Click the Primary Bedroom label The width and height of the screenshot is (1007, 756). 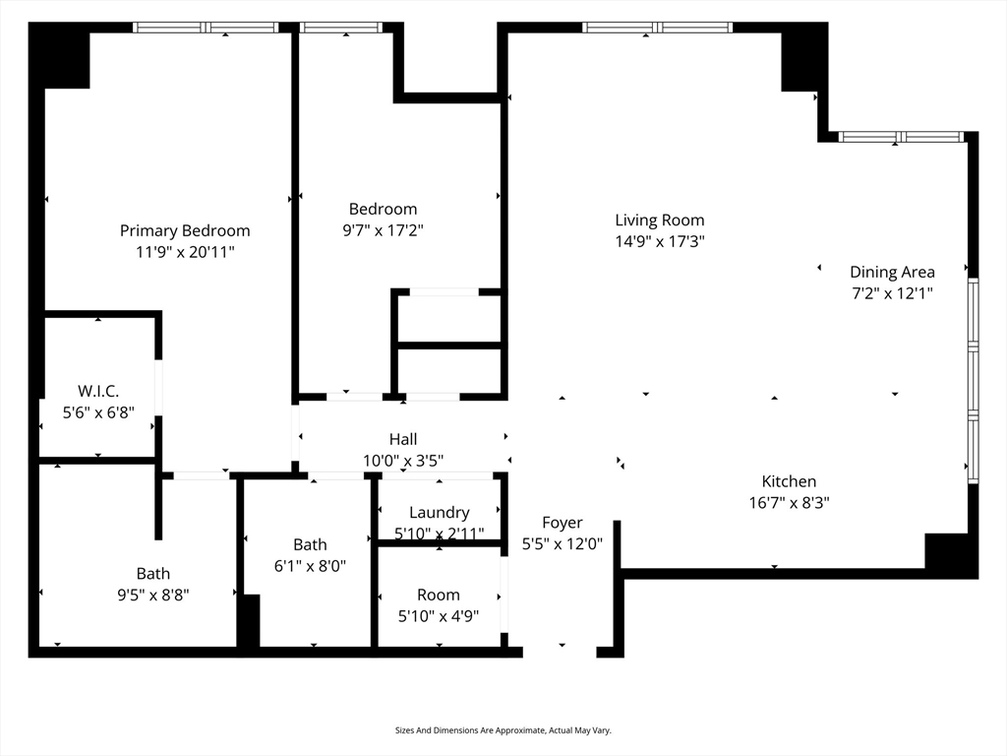[x=185, y=230]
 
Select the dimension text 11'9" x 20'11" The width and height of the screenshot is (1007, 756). [x=185, y=252]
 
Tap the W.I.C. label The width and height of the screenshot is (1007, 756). [x=98, y=391]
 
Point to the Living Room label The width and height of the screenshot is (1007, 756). [x=660, y=220]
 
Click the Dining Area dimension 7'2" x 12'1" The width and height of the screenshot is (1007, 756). [x=892, y=293]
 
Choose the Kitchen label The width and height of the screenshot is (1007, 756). [x=789, y=481]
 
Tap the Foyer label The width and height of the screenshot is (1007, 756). [x=562, y=523]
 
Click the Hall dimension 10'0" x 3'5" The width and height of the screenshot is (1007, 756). [x=403, y=461]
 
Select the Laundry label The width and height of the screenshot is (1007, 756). [x=440, y=512]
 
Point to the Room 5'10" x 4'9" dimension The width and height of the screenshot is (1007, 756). [x=439, y=616]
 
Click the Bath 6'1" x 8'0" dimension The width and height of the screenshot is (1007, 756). [x=310, y=566]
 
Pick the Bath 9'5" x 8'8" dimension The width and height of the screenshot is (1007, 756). [x=152, y=595]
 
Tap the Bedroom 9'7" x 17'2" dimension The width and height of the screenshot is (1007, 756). [x=383, y=230]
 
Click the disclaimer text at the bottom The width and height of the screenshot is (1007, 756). [x=503, y=730]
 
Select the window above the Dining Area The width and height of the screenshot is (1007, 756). [x=901, y=137]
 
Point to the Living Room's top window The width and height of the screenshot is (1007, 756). [x=657, y=28]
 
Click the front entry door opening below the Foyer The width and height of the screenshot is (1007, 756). [x=560, y=652]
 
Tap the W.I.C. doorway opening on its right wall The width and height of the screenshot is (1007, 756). [x=158, y=388]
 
